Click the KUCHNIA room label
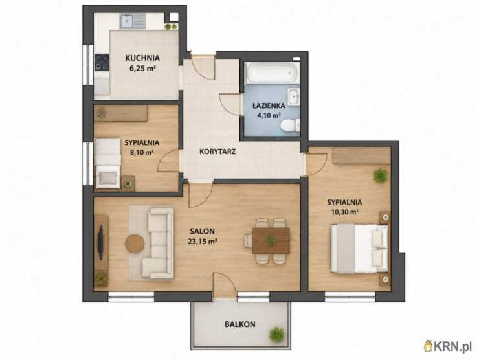click(142, 58)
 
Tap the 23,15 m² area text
click(202, 242)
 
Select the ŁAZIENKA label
click(269, 106)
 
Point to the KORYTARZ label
click(217, 152)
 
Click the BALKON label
click(240, 324)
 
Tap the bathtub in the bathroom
click(272, 73)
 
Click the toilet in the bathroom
click(290, 126)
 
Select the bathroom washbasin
click(294, 96)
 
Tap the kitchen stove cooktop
click(102, 62)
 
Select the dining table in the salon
click(271, 240)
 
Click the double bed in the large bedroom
click(359, 249)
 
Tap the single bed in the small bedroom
click(107, 163)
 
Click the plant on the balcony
click(276, 334)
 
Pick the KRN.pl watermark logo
click(449, 346)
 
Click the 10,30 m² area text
click(344, 212)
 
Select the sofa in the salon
click(158, 243)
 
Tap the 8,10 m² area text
click(142, 152)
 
